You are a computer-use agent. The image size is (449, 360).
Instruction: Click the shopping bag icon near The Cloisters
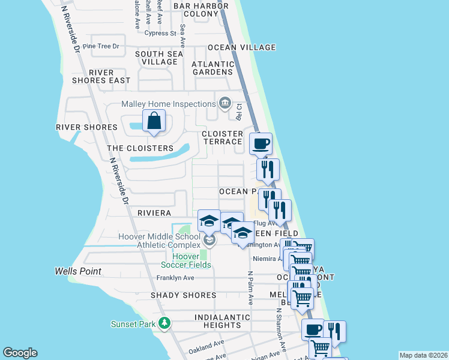[154, 121]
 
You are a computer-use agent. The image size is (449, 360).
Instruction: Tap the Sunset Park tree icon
[164, 324]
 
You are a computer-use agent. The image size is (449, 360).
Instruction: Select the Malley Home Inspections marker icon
[225, 104]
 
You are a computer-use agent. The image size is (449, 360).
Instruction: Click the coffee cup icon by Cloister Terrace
[261, 144]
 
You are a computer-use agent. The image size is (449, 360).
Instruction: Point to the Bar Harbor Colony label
[196, 10]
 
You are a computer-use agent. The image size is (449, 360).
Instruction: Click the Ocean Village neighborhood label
[242, 47]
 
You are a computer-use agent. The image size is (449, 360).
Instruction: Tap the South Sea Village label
[159, 58]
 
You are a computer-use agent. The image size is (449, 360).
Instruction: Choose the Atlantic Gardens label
[212, 68]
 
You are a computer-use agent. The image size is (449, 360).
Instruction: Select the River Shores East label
[101, 76]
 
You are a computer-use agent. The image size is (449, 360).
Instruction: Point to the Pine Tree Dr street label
[101, 46]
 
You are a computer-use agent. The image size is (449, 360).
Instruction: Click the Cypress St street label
[155, 34]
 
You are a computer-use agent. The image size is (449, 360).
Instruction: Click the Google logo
[20, 353]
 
